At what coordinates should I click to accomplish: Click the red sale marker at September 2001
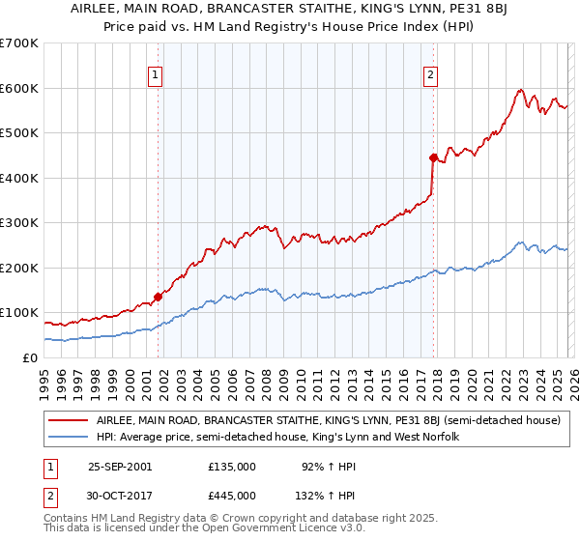158,298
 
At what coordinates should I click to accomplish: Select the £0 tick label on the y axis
31,357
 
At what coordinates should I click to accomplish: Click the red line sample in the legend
68,421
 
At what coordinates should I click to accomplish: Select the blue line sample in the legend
68,438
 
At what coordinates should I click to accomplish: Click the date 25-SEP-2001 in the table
120,466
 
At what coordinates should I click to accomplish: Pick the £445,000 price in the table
231,495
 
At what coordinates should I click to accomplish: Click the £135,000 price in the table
231,466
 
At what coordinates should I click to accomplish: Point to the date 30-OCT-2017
120,495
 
